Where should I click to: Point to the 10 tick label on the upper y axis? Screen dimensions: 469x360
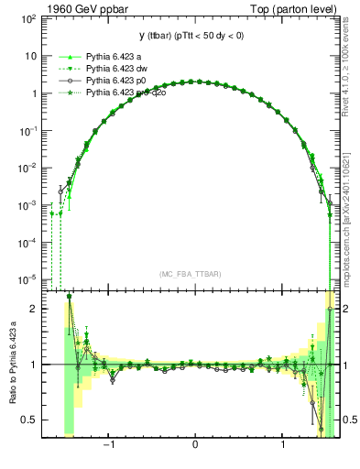click(32, 57)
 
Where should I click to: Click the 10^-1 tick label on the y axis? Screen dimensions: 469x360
click(29, 131)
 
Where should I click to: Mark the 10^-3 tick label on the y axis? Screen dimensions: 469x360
click(29, 205)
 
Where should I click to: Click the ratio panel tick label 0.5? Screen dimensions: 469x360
click(30, 420)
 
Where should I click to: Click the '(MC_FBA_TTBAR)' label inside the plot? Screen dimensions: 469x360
click(195, 274)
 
